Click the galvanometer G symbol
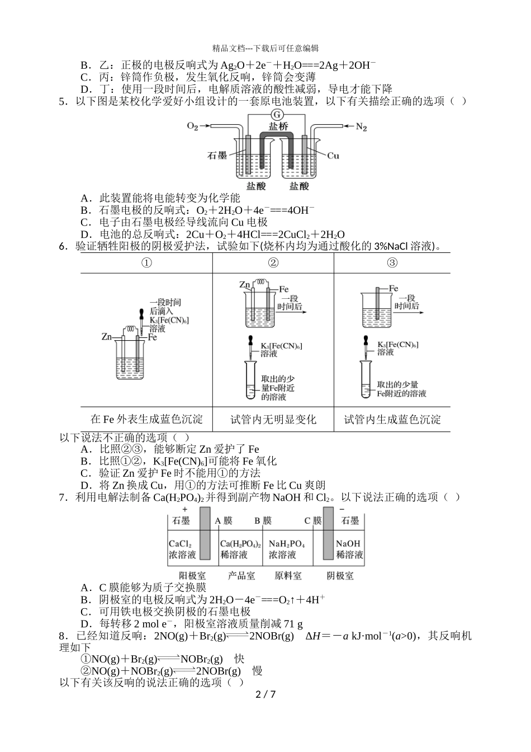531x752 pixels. click(275, 115)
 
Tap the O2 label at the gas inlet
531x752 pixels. click(192, 127)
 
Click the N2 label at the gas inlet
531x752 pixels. click(361, 127)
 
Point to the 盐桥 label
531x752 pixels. click(278, 126)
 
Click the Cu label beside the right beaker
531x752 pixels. click(333, 156)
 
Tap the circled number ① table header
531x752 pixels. click(146, 263)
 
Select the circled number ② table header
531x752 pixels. click(273, 263)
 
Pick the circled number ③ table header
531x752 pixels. click(392, 263)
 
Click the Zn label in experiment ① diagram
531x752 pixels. click(107, 337)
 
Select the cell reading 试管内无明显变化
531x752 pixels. click(273, 419)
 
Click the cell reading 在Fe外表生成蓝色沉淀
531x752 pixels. click(146, 419)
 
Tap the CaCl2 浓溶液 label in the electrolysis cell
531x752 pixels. click(182, 549)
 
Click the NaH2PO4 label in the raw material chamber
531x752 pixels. click(286, 543)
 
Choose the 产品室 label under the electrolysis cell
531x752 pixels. click(241, 575)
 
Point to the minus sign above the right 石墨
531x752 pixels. click(342, 510)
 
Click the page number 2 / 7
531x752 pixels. click(265, 694)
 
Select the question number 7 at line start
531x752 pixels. click(63, 497)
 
